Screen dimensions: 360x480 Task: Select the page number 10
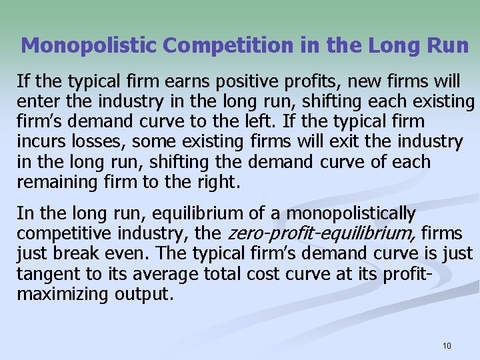[447, 345]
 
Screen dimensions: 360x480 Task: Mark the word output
[148, 294]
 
